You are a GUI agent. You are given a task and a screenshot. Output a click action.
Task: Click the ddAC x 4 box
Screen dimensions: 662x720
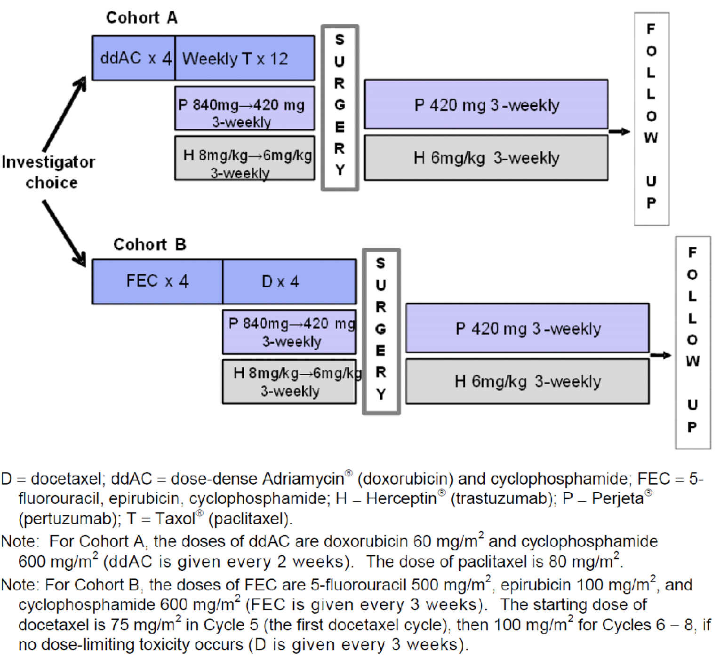coord(134,58)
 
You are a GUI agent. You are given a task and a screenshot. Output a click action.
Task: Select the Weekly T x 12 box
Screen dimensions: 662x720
coord(245,58)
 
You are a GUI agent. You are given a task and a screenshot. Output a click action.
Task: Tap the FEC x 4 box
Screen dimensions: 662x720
coord(157,281)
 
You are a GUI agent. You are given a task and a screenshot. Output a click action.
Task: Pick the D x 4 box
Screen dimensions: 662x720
coord(289,281)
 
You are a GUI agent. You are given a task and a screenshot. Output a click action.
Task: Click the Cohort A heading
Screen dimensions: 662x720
coord(142,18)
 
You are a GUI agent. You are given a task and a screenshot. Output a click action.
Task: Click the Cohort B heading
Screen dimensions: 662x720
coord(150,244)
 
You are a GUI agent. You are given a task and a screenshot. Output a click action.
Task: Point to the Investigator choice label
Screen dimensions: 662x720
coord(48,172)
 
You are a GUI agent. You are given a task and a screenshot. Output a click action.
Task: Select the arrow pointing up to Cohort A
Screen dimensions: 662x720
coord(65,114)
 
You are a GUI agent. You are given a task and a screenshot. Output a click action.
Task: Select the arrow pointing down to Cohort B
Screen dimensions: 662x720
coord(64,233)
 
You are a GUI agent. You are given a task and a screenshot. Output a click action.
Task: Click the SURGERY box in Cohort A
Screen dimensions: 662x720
coord(340,108)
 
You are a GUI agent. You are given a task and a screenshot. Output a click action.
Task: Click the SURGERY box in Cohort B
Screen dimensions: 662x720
coord(381,331)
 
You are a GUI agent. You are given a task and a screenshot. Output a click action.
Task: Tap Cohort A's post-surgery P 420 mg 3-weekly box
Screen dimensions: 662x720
coord(486,104)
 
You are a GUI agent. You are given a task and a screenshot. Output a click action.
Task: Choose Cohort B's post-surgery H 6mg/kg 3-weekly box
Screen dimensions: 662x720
coord(528,381)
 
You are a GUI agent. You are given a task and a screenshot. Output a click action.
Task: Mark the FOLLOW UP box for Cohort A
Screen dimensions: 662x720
coord(651,118)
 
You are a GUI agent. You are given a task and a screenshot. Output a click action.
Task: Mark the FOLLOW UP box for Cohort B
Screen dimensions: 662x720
coord(692,342)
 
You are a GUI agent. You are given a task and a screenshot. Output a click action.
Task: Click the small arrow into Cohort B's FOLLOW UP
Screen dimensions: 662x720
coord(661,355)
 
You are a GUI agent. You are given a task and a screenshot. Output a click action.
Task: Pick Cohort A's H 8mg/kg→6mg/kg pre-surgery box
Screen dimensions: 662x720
coord(245,158)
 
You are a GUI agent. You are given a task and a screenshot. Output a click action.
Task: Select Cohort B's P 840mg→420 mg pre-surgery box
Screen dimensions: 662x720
coord(289,331)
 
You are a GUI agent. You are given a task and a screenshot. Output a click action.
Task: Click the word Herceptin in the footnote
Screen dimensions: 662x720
coord(401,498)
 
